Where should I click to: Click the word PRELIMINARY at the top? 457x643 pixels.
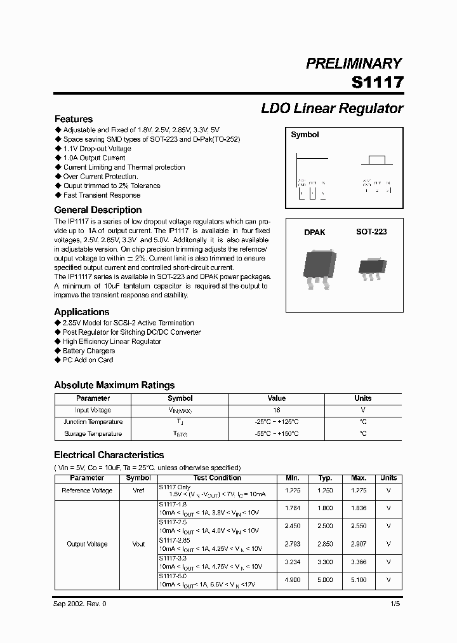[354, 64]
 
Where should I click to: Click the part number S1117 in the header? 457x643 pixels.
[377, 83]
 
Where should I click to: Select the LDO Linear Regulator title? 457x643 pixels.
[332, 108]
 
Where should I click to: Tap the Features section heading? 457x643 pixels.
[74, 119]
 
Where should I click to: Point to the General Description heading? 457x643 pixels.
[98, 210]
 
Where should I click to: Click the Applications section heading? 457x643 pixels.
[82, 312]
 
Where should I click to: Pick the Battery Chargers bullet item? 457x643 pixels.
[89, 351]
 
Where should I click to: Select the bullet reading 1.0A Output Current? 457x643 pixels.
[94, 158]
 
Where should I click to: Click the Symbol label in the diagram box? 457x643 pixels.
[305, 135]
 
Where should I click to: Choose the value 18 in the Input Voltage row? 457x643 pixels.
[277, 410]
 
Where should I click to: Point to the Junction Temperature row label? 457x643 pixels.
[93, 422]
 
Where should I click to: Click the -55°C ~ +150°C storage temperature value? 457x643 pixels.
[277, 434]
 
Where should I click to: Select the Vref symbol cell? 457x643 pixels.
[138, 491]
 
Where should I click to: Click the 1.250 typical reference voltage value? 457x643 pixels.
[326, 491]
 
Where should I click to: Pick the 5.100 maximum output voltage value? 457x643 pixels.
[359, 580]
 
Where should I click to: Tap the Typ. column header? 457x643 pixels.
[326, 478]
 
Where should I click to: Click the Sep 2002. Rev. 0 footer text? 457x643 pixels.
[81, 604]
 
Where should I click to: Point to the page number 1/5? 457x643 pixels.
[396, 604]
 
